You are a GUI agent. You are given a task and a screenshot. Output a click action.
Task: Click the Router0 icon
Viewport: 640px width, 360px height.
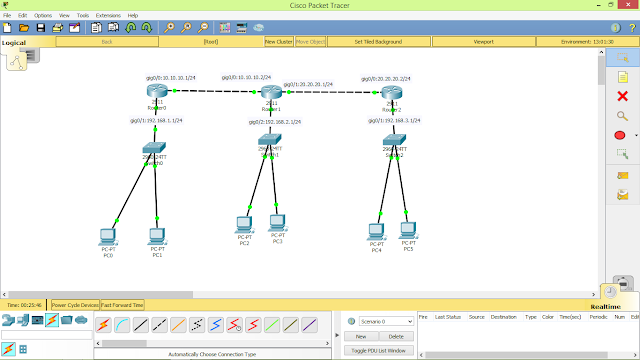155,92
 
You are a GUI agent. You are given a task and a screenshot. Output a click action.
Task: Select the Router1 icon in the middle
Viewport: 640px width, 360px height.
272,92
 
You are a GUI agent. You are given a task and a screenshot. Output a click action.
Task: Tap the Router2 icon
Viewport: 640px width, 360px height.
390,93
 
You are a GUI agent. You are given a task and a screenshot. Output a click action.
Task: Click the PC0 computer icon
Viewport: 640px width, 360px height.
108,236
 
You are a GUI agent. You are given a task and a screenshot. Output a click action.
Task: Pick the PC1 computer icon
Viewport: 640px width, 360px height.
157,236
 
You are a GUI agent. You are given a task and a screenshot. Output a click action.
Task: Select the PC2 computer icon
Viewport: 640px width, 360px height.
244,223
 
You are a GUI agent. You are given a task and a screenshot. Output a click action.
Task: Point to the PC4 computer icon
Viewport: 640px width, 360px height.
377,228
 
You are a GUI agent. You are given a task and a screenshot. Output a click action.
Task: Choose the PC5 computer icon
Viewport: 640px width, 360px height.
408,228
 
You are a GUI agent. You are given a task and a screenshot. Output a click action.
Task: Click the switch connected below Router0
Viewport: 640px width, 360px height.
153,150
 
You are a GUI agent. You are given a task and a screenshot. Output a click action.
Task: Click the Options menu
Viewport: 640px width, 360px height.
43,15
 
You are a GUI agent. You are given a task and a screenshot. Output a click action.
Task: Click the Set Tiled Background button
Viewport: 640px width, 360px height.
378,42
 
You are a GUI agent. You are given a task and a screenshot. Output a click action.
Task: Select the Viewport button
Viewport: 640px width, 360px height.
484,42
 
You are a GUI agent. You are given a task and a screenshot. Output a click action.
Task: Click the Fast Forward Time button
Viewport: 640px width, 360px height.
122,305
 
